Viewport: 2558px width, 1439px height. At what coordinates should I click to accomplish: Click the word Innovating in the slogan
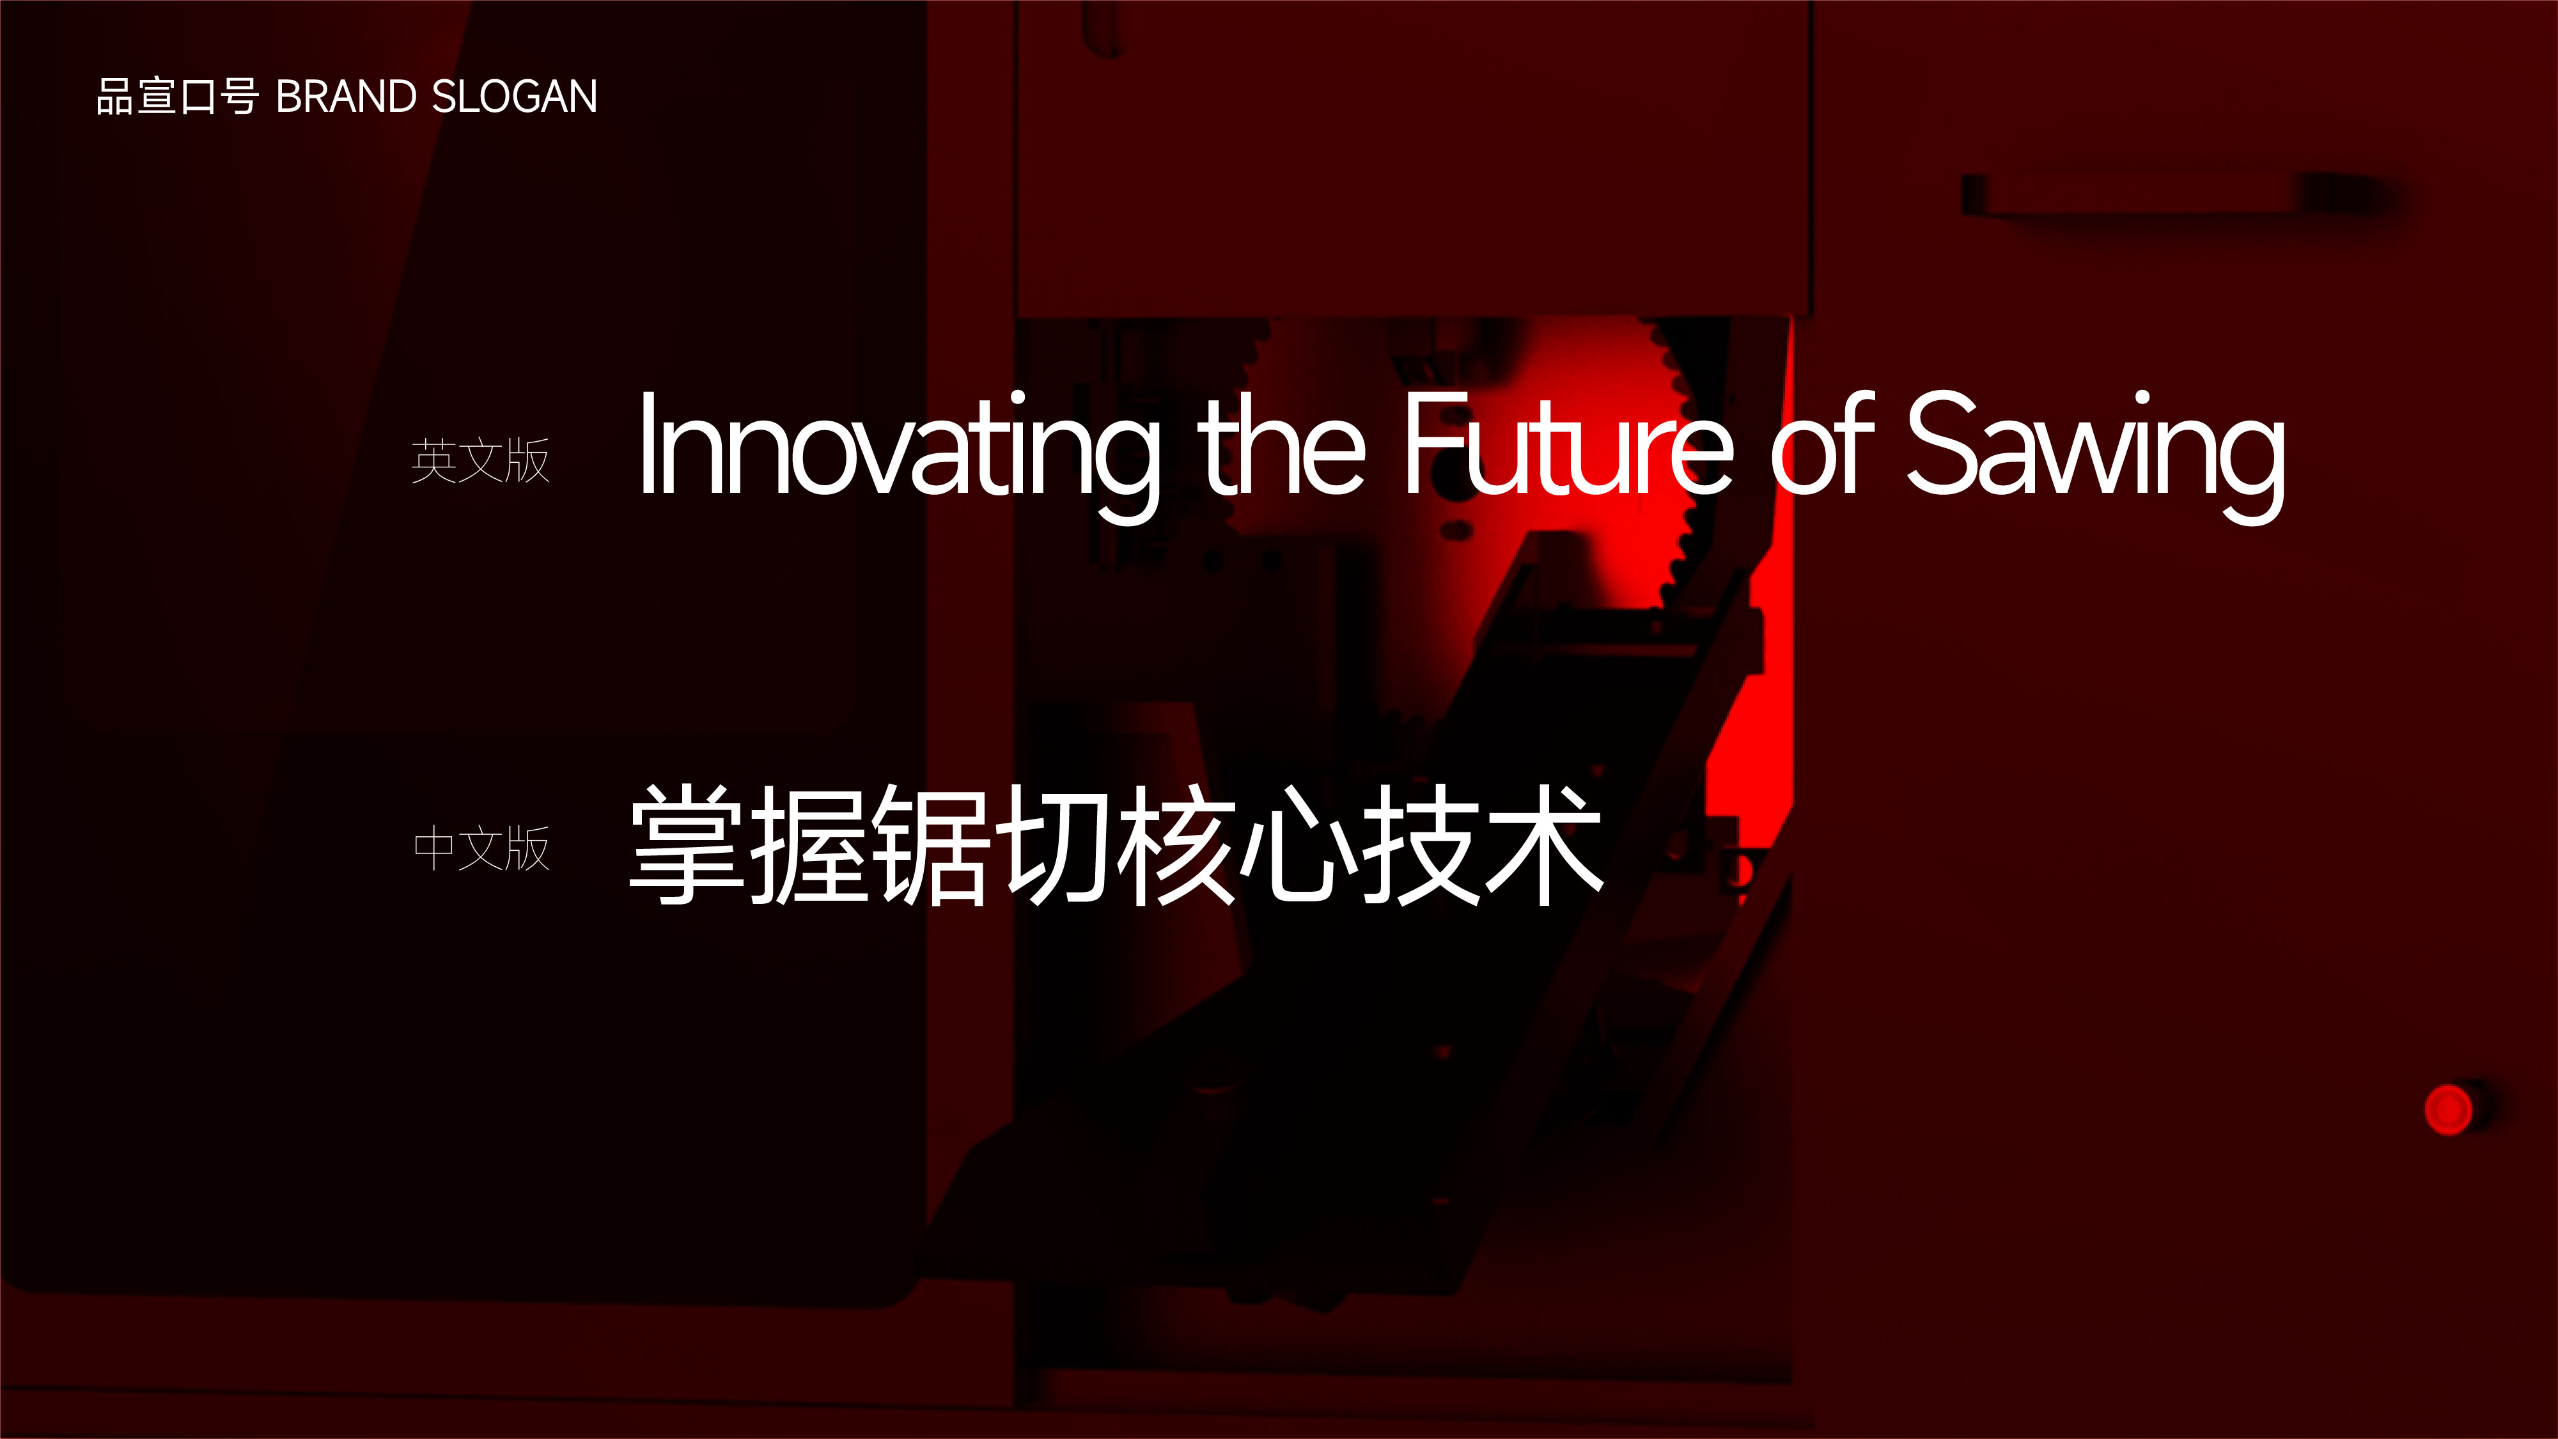coord(899,454)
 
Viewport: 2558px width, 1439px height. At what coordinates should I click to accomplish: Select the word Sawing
coord(2095,454)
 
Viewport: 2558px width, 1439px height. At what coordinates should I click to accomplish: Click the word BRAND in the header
coord(346,97)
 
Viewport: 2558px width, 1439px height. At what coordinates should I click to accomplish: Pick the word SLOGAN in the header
coord(515,97)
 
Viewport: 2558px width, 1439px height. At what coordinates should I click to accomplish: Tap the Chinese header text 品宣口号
coord(178,97)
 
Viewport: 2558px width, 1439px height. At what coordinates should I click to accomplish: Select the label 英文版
coord(481,461)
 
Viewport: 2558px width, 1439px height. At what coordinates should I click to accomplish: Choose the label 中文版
coord(481,848)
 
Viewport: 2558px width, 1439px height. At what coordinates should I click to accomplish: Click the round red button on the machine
coord(2448,1109)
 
